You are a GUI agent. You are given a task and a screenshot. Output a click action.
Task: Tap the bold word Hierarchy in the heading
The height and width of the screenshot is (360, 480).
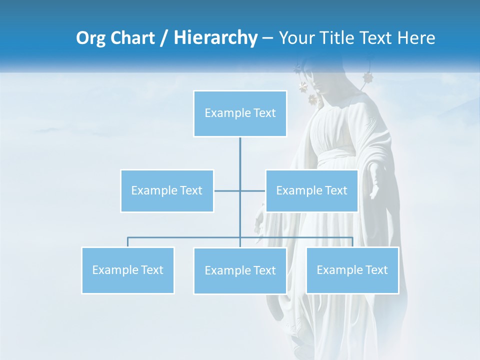[x=215, y=38]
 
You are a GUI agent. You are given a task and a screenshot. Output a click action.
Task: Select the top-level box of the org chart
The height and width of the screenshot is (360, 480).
[x=240, y=113]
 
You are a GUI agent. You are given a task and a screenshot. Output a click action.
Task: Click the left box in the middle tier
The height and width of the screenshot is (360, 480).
[x=167, y=190]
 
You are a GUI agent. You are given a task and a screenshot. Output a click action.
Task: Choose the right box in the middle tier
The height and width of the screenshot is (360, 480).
[x=311, y=190]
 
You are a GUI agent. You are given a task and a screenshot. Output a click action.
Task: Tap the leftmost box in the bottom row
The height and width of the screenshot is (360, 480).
[x=128, y=270]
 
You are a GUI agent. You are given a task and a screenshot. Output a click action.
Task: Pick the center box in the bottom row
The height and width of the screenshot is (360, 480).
[x=240, y=270]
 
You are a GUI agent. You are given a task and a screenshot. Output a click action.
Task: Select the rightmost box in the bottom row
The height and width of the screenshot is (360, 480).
[x=352, y=270]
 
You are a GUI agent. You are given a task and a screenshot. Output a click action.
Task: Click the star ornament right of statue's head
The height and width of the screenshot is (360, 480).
[x=368, y=78]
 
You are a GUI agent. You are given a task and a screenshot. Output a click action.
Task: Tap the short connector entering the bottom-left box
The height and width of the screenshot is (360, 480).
[x=128, y=242]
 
